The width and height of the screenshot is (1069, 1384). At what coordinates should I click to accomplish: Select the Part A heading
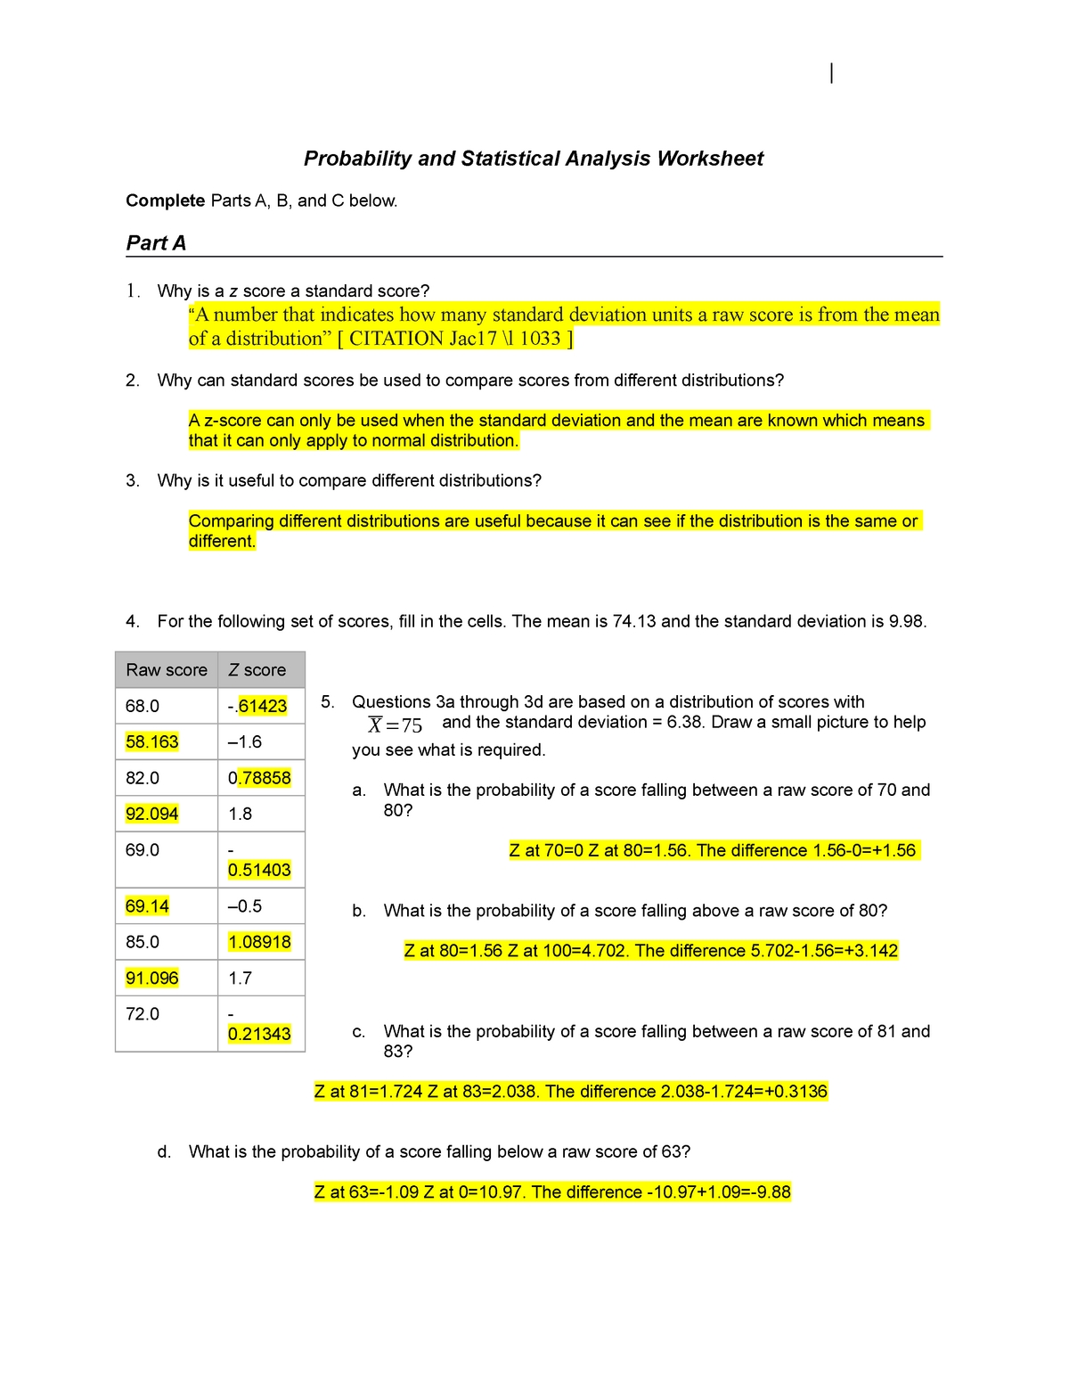tap(156, 243)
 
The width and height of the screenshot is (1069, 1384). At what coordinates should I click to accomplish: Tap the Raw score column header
tap(167, 670)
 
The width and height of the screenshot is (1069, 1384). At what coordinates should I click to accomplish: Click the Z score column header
tap(257, 670)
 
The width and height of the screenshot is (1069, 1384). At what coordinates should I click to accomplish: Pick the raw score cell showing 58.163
tap(152, 742)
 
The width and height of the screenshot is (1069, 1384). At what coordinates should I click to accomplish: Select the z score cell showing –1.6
tap(245, 742)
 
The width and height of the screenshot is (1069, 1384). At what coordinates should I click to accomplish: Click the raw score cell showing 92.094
tap(152, 814)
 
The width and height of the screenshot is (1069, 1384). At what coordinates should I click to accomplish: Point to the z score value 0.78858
tap(259, 778)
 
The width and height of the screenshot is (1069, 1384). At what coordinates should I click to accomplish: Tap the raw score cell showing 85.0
tap(143, 942)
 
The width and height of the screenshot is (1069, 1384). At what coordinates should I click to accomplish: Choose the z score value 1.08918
tap(259, 942)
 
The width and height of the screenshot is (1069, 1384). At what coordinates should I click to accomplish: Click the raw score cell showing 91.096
tap(152, 979)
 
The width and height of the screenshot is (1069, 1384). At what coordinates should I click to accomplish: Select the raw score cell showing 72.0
tap(143, 1014)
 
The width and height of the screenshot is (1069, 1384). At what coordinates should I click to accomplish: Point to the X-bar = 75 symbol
tap(396, 725)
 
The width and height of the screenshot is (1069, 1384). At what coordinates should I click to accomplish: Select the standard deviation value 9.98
tap(906, 621)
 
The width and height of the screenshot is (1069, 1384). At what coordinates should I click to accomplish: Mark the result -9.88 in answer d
tap(768, 1192)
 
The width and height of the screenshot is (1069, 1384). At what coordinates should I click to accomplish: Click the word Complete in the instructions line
tap(166, 201)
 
